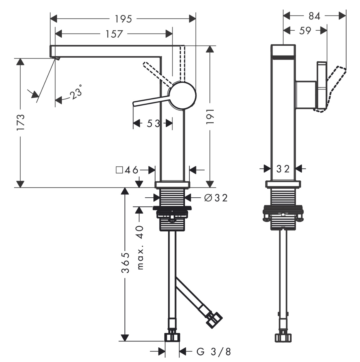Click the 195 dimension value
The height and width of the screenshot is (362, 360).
point(123,19)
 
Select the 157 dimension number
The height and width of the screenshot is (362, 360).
point(114,34)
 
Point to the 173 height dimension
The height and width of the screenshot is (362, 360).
point(21,122)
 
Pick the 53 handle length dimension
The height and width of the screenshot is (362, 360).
point(153,123)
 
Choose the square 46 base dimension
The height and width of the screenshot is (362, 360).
point(127,170)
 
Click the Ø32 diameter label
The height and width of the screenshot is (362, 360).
point(216,198)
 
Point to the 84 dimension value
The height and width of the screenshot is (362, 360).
point(314,16)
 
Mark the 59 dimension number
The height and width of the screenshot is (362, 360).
point(305,30)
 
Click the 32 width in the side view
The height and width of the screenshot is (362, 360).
point(283,169)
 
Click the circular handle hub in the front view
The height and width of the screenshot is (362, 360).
point(182,95)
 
